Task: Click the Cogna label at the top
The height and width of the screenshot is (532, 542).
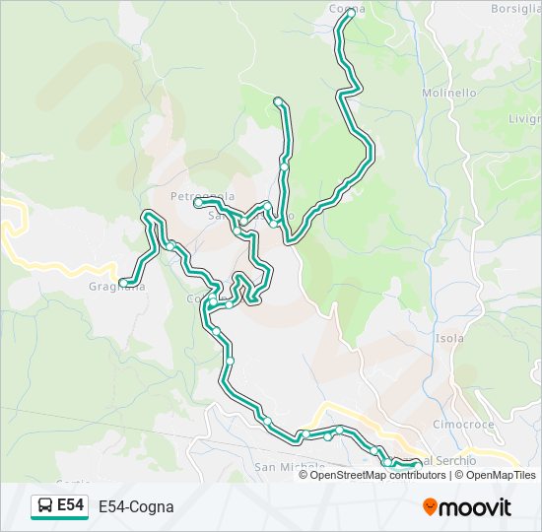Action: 346,8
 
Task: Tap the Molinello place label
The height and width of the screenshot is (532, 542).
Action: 449,93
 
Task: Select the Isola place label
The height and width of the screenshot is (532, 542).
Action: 449,338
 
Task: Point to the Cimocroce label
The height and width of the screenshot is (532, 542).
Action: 462,423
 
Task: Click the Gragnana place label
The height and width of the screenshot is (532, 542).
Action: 116,288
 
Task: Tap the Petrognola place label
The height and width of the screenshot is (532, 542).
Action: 202,195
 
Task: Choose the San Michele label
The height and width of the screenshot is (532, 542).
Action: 290,466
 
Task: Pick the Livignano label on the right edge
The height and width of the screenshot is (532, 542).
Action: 523,118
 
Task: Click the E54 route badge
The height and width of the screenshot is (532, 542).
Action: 59,505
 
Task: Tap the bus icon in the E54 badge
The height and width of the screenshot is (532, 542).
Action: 45,506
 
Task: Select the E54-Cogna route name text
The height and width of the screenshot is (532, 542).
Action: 136,506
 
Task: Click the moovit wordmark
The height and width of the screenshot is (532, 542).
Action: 476,507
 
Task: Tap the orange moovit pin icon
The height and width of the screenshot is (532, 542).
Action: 431,506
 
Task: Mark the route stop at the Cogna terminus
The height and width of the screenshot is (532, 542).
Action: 350,13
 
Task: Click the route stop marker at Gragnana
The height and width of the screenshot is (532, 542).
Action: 123,283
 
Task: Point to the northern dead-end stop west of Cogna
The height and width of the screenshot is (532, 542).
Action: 279,101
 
